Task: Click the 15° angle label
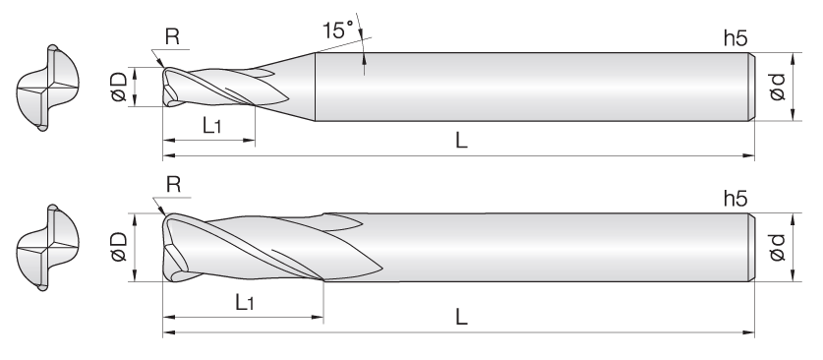(337, 30)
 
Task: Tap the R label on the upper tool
(172, 36)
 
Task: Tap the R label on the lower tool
(173, 185)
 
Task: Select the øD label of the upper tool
(119, 87)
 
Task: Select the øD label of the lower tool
(119, 247)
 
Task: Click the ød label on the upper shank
(777, 87)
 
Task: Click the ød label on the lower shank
(777, 247)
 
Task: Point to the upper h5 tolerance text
(735, 38)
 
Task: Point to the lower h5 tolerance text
(735, 199)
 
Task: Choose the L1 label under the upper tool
(211, 126)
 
